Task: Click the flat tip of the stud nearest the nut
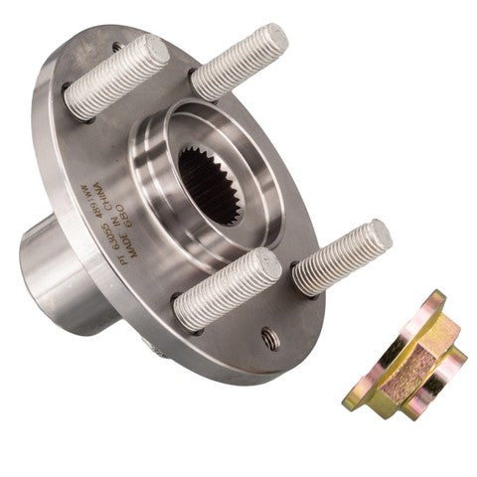pos(373,239)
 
